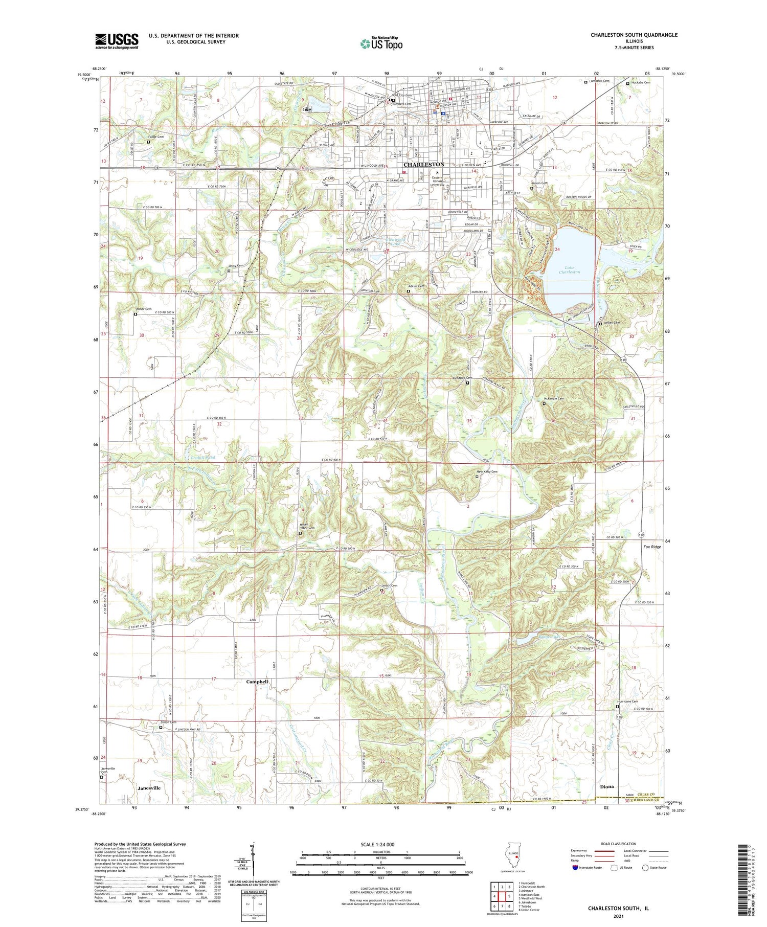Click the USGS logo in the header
[x=117, y=41]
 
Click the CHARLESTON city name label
[x=423, y=165]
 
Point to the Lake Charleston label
[x=569, y=269]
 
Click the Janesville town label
[x=149, y=788]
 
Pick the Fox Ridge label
[x=652, y=547]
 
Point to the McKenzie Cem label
[x=553, y=398]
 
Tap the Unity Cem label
[x=236, y=266]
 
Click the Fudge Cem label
[x=156, y=137]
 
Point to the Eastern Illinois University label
[x=438, y=181]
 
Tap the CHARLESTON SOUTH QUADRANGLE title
[x=634, y=35]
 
